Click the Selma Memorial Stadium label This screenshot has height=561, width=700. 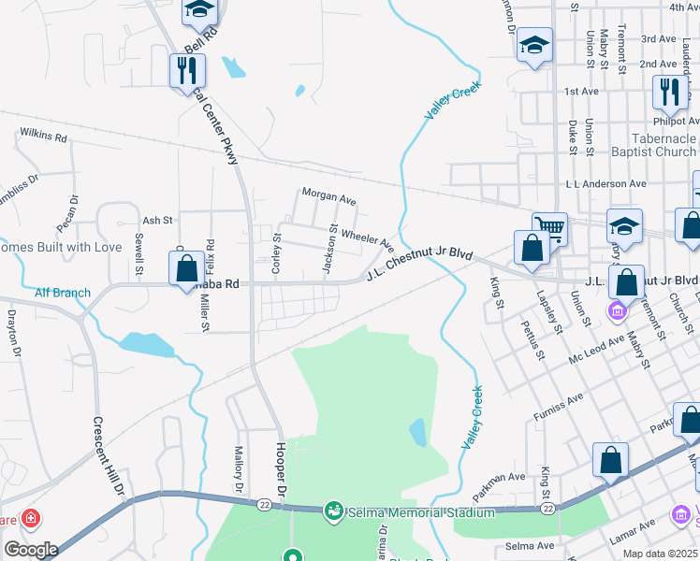[x=419, y=512]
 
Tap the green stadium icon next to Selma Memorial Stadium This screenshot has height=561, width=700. [x=332, y=511]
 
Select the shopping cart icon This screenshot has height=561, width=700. [x=549, y=228]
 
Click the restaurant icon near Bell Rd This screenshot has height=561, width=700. [x=187, y=70]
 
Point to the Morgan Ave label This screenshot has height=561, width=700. [x=328, y=198]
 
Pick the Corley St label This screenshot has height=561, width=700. [x=277, y=252]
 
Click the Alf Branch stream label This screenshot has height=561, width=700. [x=63, y=293]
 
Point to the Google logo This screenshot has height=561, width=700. [x=31, y=550]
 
